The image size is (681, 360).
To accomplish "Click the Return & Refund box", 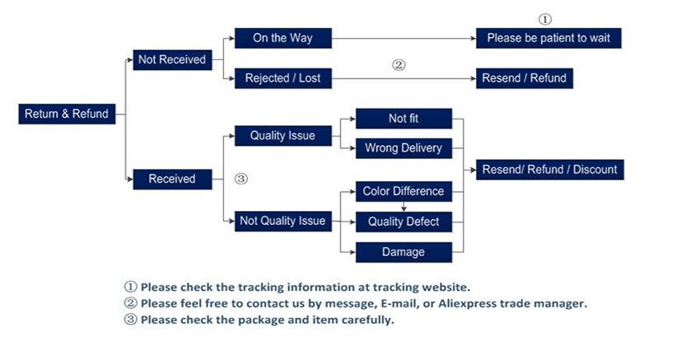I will [x=66, y=114].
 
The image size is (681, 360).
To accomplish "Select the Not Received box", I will [x=171, y=59].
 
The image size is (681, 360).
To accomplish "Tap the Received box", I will [x=171, y=179].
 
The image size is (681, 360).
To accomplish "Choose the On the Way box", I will [x=282, y=38].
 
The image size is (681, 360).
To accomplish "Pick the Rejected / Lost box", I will [x=282, y=78].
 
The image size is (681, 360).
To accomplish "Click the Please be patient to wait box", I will [x=547, y=38].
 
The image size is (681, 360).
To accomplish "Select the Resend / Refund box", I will [x=524, y=78].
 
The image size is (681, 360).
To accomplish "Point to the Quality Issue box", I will [x=282, y=136].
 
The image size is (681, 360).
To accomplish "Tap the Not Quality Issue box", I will [x=282, y=220].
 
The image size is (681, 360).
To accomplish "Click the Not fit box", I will [x=403, y=119].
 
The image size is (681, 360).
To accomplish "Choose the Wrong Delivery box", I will [x=403, y=148].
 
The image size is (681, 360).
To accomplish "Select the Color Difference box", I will [x=403, y=191].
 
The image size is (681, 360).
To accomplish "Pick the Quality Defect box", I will [x=403, y=221].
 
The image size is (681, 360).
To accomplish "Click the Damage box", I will [x=403, y=251].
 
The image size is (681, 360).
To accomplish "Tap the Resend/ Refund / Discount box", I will [x=548, y=170].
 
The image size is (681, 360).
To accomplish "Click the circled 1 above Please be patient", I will [x=545, y=19].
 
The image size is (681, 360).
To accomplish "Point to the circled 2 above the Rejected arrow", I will [x=399, y=64].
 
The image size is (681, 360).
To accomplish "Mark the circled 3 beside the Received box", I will [x=241, y=178].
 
